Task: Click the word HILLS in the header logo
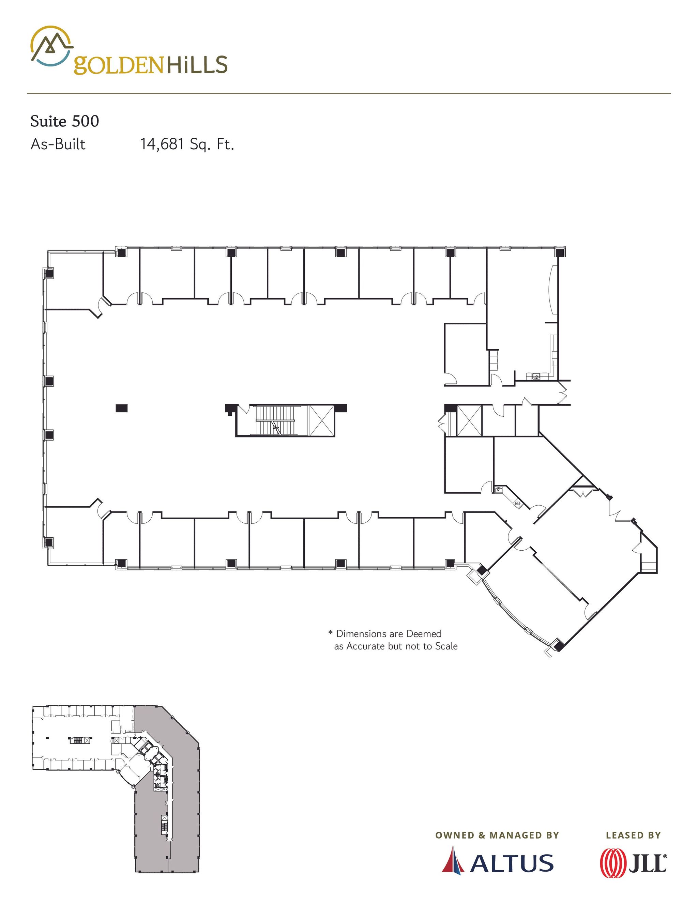pyautogui.click(x=197, y=65)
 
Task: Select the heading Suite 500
pyautogui.click(x=64, y=121)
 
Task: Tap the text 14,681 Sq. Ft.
pyautogui.click(x=187, y=144)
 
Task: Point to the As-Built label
pyautogui.click(x=58, y=144)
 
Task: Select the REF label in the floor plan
pyautogui.click(x=518, y=504)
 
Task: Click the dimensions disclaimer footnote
pyautogui.click(x=393, y=640)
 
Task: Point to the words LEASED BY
pyautogui.click(x=633, y=835)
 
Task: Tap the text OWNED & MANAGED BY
pyautogui.click(x=497, y=835)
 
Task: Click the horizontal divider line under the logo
pyautogui.click(x=349, y=93)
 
